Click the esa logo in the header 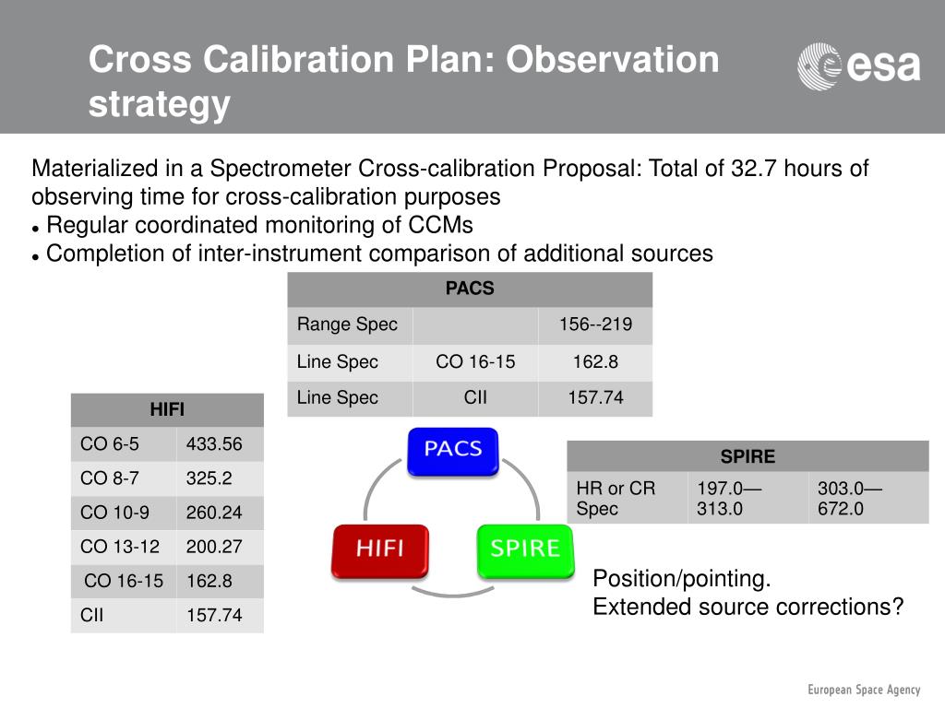(858, 66)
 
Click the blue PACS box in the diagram (452, 451)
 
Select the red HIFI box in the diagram (380, 550)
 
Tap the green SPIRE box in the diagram (524, 550)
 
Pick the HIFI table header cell (167, 409)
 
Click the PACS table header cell (470, 289)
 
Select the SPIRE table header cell (748, 456)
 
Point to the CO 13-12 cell (120, 547)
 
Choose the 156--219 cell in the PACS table (595, 325)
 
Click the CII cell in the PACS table (475, 398)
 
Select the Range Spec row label (347, 325)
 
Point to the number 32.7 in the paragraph (752, 169)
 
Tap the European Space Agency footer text (864, 690)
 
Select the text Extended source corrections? (748, 607)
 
